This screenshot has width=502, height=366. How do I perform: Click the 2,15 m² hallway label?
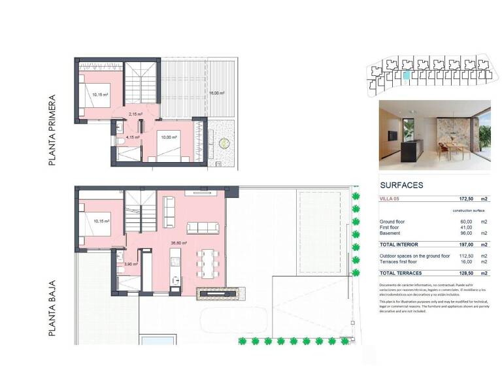[136, 114]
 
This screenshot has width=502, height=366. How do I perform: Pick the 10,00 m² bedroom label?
[169, 137]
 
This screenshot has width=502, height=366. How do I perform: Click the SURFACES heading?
[401, 186]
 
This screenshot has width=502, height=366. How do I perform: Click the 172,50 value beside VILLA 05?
[464, 198]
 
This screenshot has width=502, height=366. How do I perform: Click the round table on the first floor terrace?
[225, 142]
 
